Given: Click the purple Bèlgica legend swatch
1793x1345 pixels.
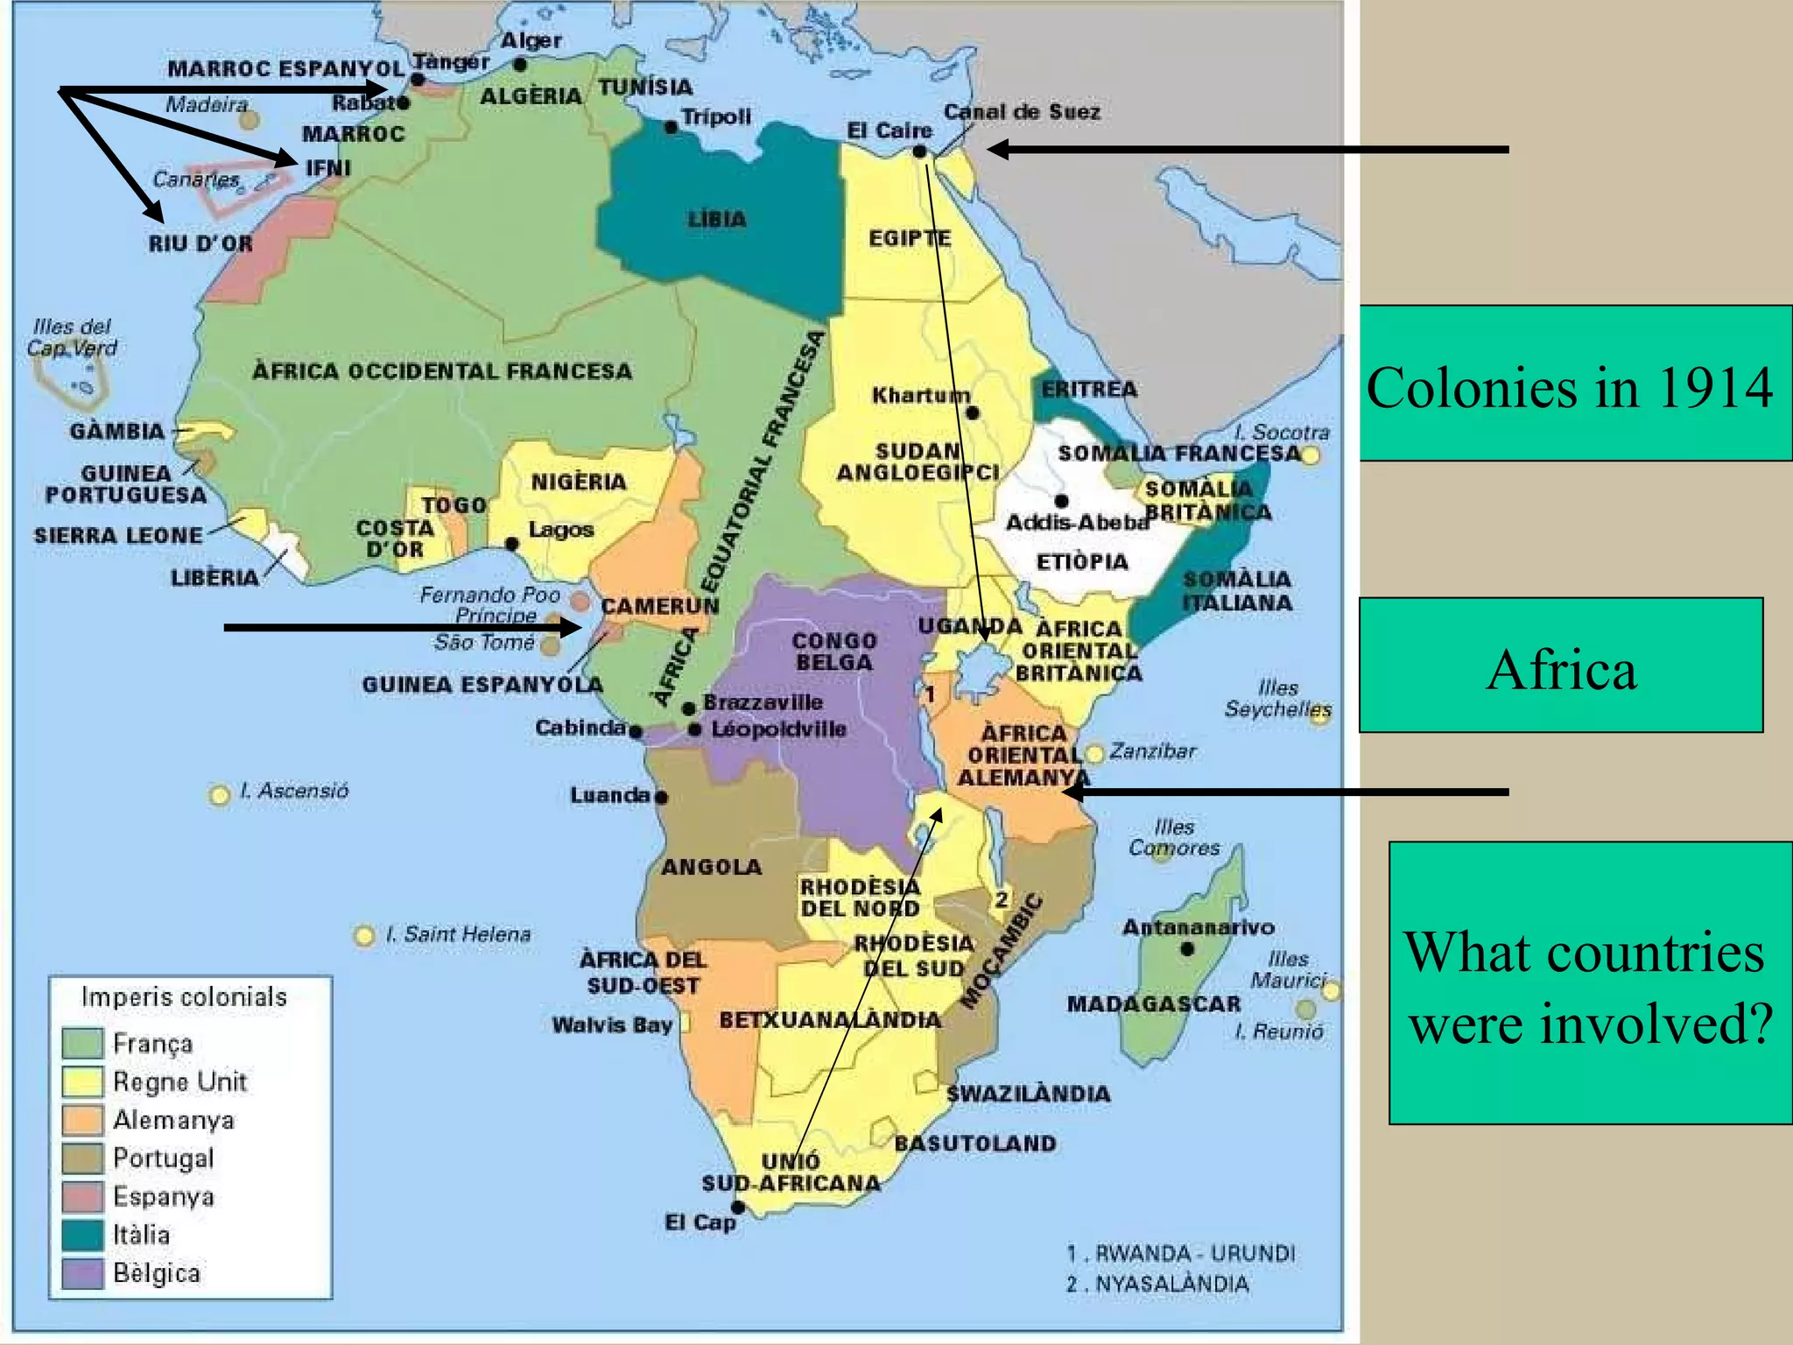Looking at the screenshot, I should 83,1272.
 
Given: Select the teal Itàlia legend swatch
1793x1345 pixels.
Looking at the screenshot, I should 83,1235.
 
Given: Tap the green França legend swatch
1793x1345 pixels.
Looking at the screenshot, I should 83,1043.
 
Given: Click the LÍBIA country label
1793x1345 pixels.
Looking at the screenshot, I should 716,219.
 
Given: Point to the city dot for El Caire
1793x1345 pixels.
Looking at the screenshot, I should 919,151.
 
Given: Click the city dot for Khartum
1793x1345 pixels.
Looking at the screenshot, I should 973,412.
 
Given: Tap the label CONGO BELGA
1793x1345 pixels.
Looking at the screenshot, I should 834,651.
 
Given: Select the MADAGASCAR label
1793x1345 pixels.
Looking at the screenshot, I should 1153,1004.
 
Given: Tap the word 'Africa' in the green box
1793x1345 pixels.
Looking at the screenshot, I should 1561,669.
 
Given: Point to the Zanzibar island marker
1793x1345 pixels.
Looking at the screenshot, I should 1094,753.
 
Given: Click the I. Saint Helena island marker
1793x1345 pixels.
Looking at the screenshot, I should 363,936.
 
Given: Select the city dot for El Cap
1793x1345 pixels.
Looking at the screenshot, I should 738,1208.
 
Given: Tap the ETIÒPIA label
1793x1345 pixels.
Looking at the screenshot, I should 1082,561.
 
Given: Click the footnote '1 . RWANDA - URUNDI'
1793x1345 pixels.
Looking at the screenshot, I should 1180,1253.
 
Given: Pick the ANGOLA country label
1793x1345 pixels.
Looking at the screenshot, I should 711,867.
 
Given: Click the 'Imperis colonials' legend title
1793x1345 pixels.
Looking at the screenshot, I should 184,996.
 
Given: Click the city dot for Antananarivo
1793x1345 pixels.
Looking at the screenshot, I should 1187,949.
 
